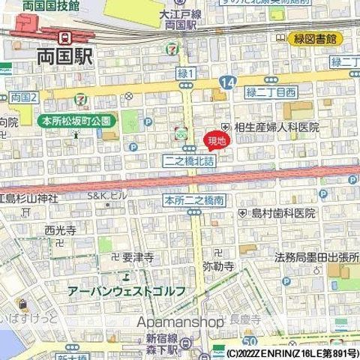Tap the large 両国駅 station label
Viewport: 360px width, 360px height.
[x=64, y=56]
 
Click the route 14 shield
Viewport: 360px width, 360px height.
[x=226, y=80]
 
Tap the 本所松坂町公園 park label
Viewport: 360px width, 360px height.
[x=75, y=120]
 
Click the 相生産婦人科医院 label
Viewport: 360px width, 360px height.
[x=271, y=128]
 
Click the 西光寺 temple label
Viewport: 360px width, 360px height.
[x=61, y=231]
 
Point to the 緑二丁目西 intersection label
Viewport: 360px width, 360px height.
[x=271, y=91]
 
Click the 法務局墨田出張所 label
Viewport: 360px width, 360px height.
[x=311, y=257]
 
